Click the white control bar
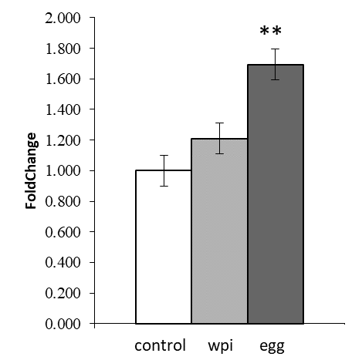pyautogui.click(x=163, y=247)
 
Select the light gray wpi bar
pyautogui.click(x=219, y=231)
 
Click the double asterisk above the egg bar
pyautogui.click(x=270, y=32)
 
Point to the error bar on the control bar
pyautogui.click(x=163, y=170)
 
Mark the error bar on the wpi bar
pyautogui.click(x=219, y=138)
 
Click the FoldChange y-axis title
pyautogui.click(x=32, y=171)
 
